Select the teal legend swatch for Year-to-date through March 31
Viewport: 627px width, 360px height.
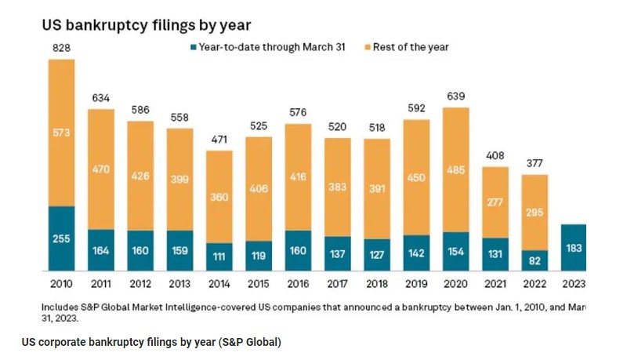tap(192, 48)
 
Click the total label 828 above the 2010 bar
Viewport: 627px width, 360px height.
tap(62, 49)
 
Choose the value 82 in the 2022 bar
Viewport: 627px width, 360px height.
tap(535, 260)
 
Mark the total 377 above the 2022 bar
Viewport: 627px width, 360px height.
tap(535, 164)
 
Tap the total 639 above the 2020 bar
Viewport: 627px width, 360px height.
tap(456, 96)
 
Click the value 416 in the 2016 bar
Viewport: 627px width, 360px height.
tap(299, 178)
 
